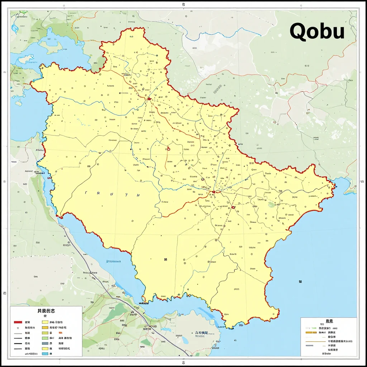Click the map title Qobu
pos(317,31)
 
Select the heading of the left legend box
pos(46,311)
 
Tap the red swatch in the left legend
pos(18,322)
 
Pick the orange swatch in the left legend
pos(45,327)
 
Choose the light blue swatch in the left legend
pos(45,354)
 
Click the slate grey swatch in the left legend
pos(45,343)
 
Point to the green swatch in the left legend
pos(45,338)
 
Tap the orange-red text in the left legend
pos(61,333)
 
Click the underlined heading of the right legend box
pos(329,321)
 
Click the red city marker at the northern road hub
pos(149,99)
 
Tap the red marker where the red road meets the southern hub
pos(214,192)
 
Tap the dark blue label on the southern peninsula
pos(201,333)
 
